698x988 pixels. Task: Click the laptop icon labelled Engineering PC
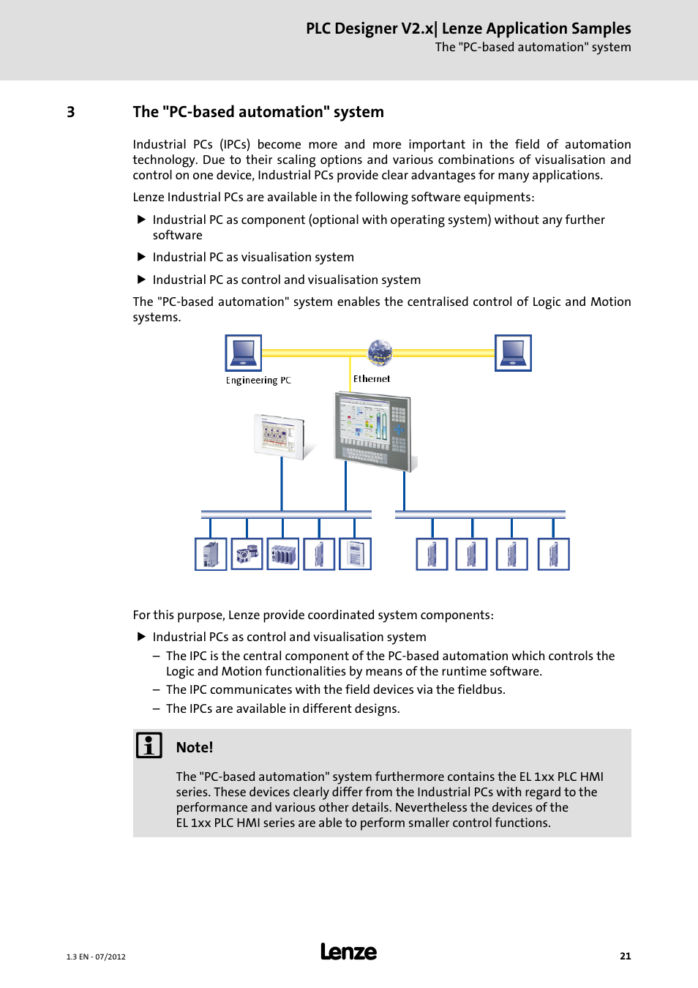click(244, 353)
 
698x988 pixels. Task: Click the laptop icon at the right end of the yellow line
click(513, 353)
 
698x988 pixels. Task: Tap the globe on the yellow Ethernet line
click(380, 352)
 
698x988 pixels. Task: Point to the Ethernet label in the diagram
click(372, 379)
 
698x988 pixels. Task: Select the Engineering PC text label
click(258, 381)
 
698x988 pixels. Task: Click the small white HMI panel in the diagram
click(280, 436)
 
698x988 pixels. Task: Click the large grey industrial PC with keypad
click(373, 430)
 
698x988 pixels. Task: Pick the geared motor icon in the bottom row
click(247, 554)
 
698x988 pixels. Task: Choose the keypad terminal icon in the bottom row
click(356, 554)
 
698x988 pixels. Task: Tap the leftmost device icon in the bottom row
click(211, 554)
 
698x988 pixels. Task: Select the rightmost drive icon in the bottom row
click(554, 554)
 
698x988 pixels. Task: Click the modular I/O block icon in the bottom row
click(283, 554)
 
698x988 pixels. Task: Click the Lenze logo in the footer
click(349, 951)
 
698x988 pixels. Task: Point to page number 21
click(625, 956)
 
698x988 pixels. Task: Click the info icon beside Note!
click(149, 745)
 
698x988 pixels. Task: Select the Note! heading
click(195, 747)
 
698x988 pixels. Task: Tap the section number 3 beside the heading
click(71, 112)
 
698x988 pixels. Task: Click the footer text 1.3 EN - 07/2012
click(96, 957)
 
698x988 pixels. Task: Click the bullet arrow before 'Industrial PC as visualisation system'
click(142, 257)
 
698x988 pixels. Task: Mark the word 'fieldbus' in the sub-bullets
click(480, 689)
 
